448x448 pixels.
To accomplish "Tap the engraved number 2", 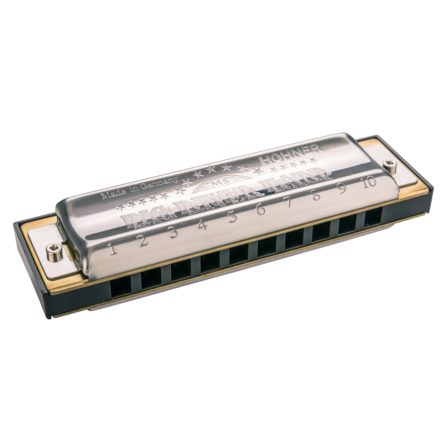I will [x=143, y=241].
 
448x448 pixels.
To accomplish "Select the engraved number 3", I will [x=173, y=232].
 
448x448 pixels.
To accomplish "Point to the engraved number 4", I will [x=202, y=225].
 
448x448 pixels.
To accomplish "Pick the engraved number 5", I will [x=232, y=217].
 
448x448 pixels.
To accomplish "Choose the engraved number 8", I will [x=316, y=196].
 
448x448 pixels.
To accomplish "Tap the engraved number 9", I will [x=342, y=189].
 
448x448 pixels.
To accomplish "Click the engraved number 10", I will [x=369, y=182].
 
